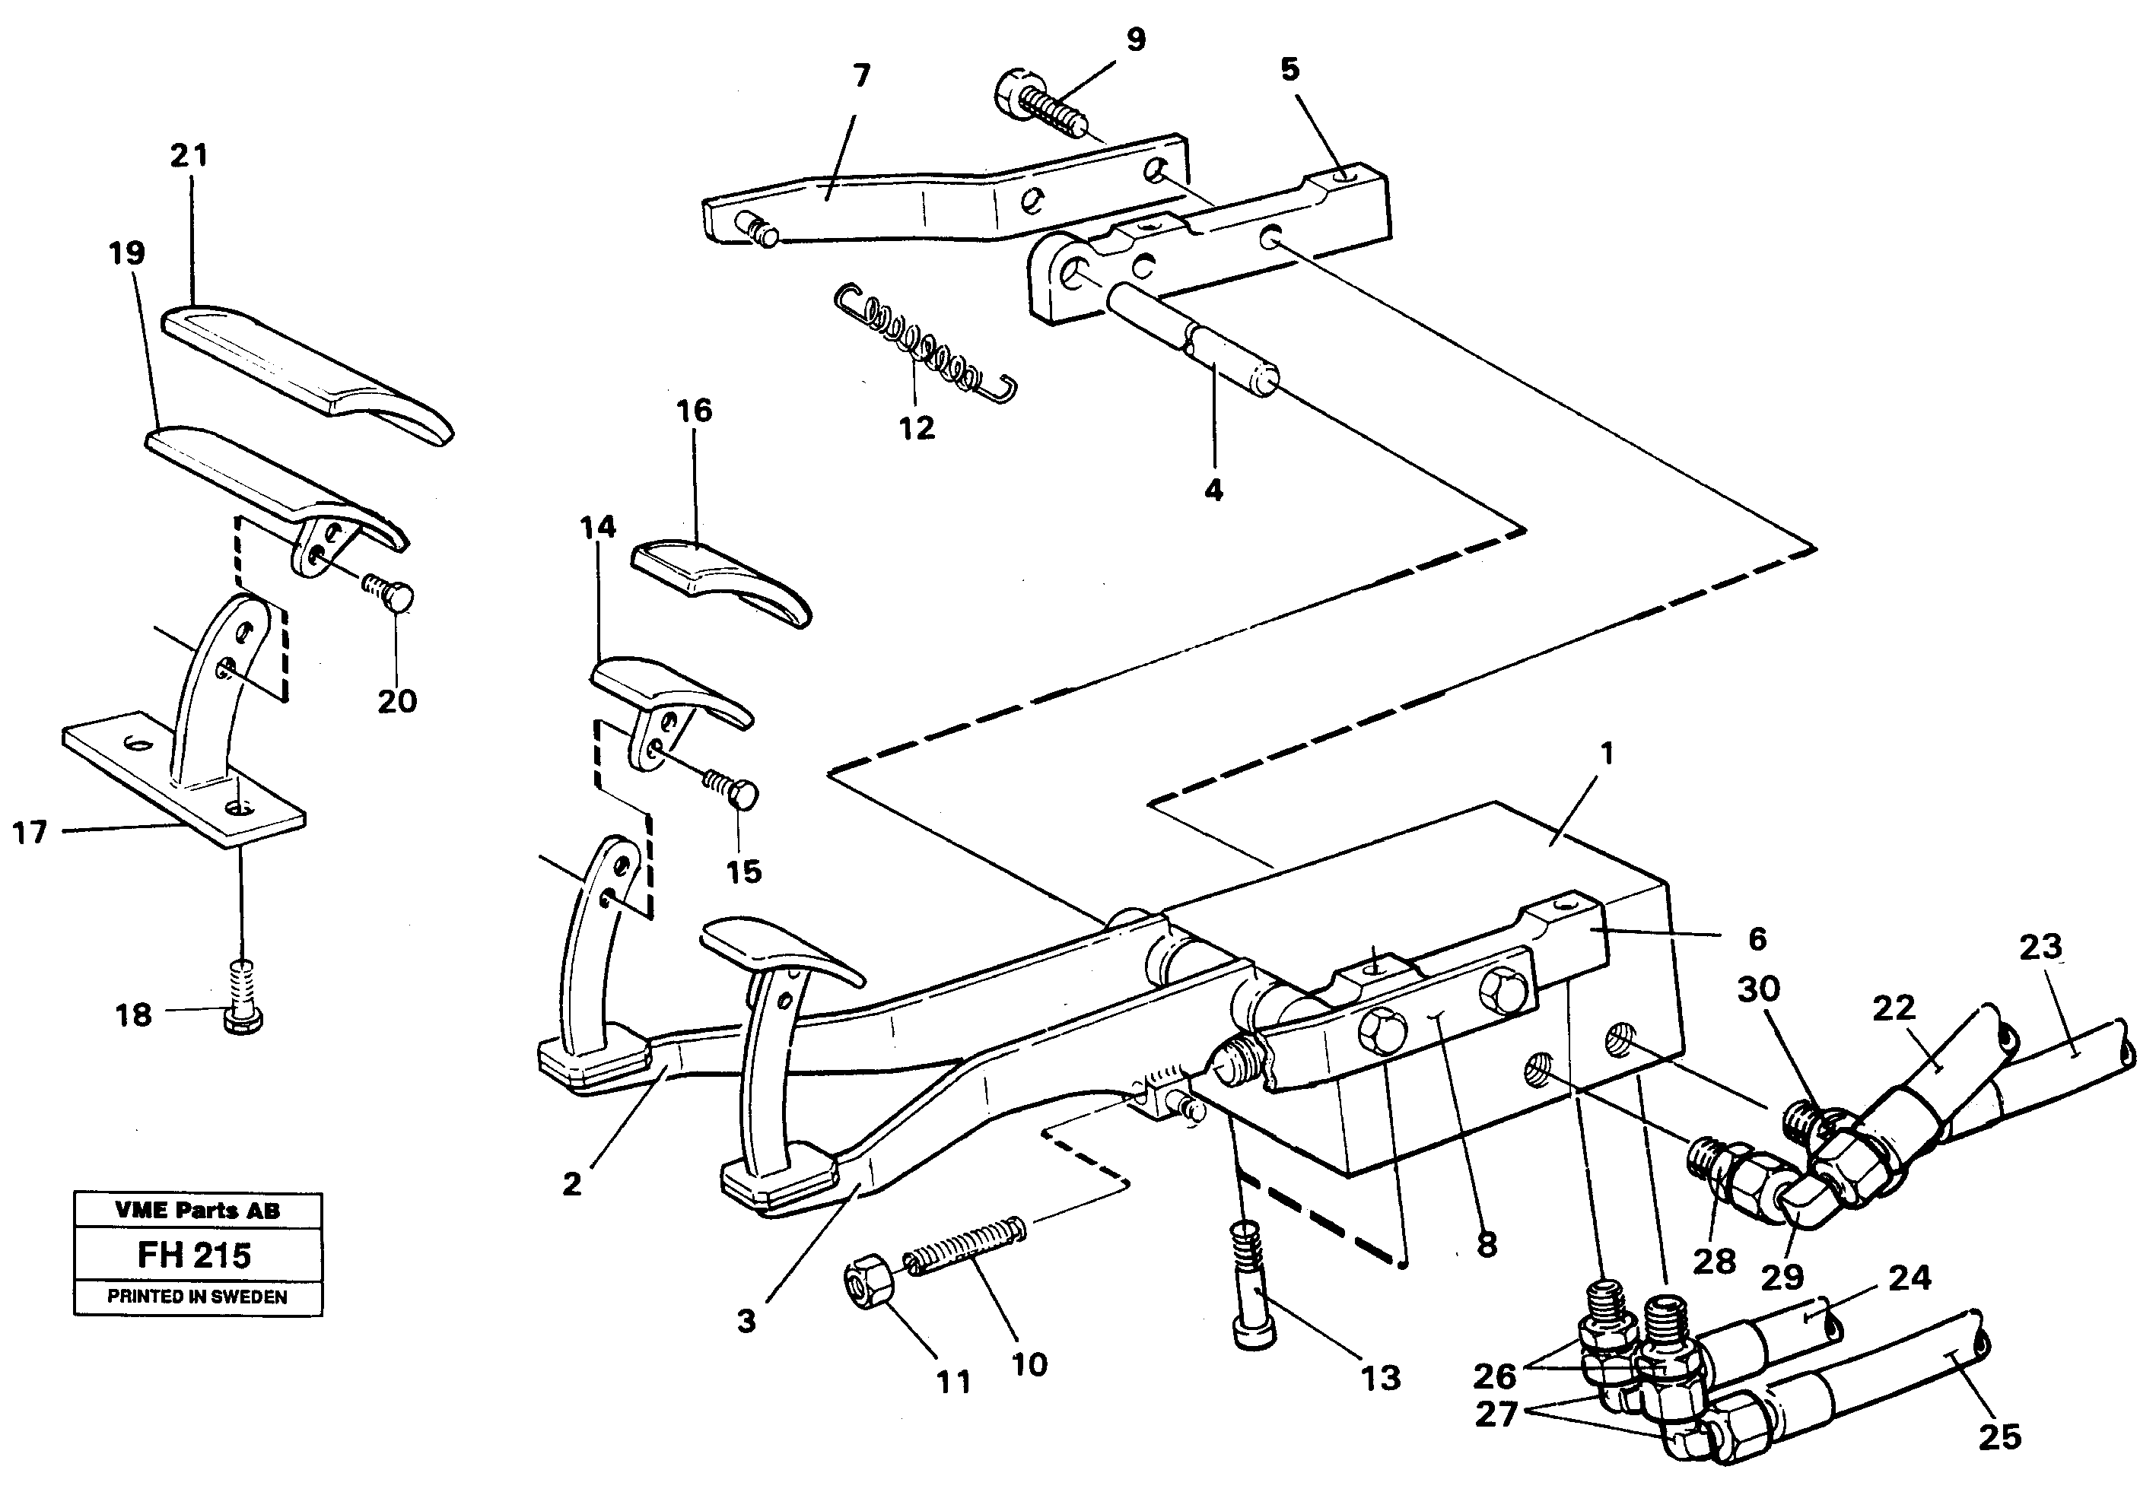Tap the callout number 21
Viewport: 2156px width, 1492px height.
[x=189, y=155]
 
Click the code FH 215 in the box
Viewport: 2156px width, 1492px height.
[x=195, y=1255]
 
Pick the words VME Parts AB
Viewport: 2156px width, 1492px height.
[x=197, y=1210]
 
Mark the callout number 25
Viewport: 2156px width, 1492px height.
[x=2000, y=1436]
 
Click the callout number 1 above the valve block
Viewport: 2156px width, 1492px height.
[x=1605, y=754]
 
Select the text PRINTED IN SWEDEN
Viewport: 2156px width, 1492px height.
[x=197, y=1297]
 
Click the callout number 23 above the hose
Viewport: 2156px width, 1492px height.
[x=2040, y=948]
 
